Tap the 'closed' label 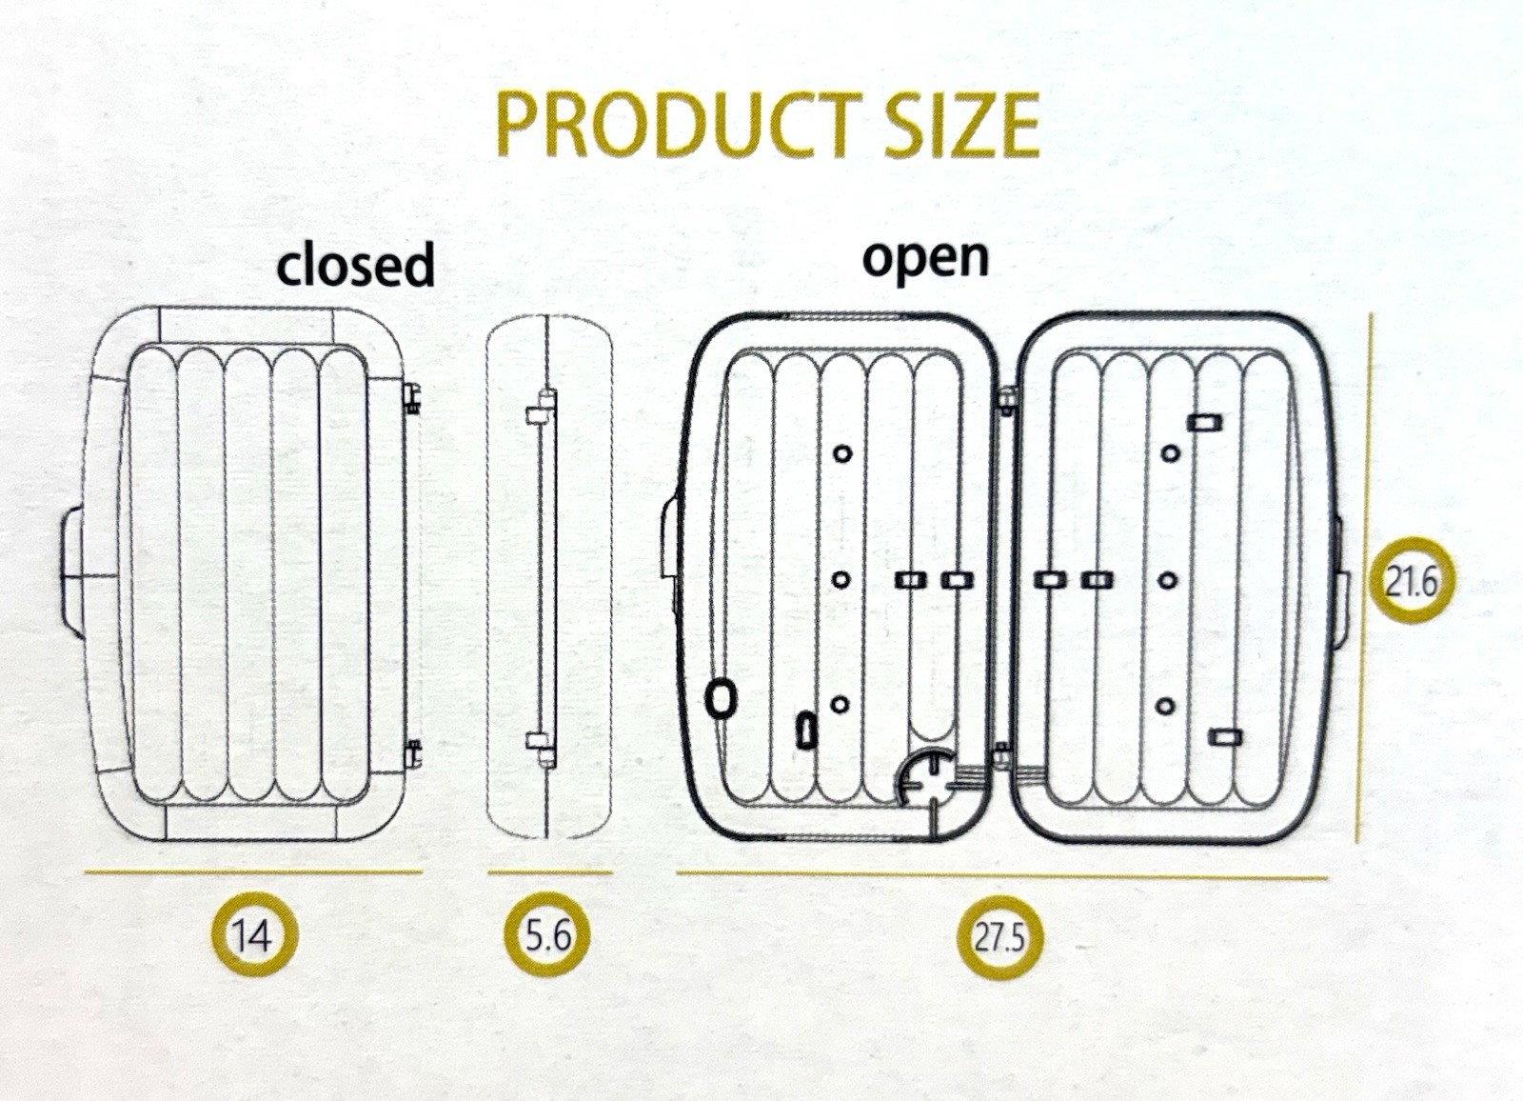coord(355,265)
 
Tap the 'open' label coord(925,257)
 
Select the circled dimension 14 coord(253,935)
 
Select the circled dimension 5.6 coord(547,935)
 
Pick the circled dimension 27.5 coord(999,938)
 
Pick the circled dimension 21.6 coord(1411,581)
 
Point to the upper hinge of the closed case coord(412,398)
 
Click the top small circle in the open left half coord(841,453)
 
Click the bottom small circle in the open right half coord(1165,707)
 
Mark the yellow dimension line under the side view coord(549,871)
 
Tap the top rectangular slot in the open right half coord(1204,421)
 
